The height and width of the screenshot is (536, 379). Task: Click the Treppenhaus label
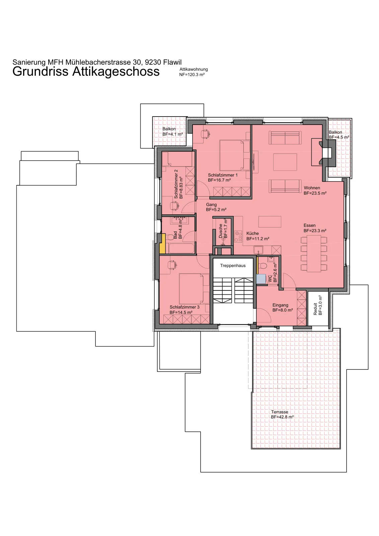pos(233,266)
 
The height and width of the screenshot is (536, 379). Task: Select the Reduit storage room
pos(318,309)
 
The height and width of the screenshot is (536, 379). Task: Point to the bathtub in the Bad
pos(181,248)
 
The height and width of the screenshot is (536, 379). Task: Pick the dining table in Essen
pos(314,254)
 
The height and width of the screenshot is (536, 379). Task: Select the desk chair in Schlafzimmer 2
pos(174,206)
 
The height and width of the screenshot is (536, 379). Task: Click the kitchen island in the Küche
pos(270,221)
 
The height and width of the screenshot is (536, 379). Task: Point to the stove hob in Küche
pos(238,237)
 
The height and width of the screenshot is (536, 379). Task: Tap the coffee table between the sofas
pos(285,162)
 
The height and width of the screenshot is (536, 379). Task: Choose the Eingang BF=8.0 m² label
pos(283,308)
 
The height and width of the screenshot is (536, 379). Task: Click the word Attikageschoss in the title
pos(116,72)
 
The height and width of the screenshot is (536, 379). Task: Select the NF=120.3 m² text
pos(192,74)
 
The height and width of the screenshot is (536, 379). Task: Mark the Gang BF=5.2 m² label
pos(216,207)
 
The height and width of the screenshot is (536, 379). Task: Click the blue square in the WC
pos(261,279)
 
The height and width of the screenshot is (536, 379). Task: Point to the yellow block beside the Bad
pos(163,244)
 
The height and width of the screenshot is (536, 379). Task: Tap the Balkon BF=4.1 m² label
pos(173,132)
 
